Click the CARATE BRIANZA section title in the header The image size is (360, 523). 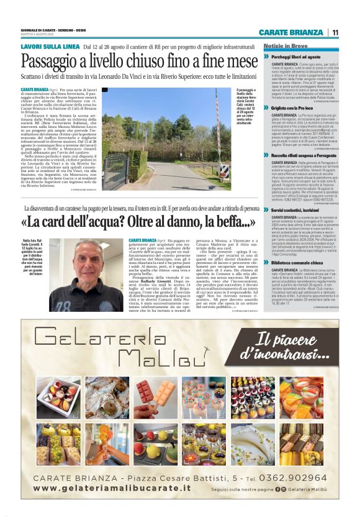291,32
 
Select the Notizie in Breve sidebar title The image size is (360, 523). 285,47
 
